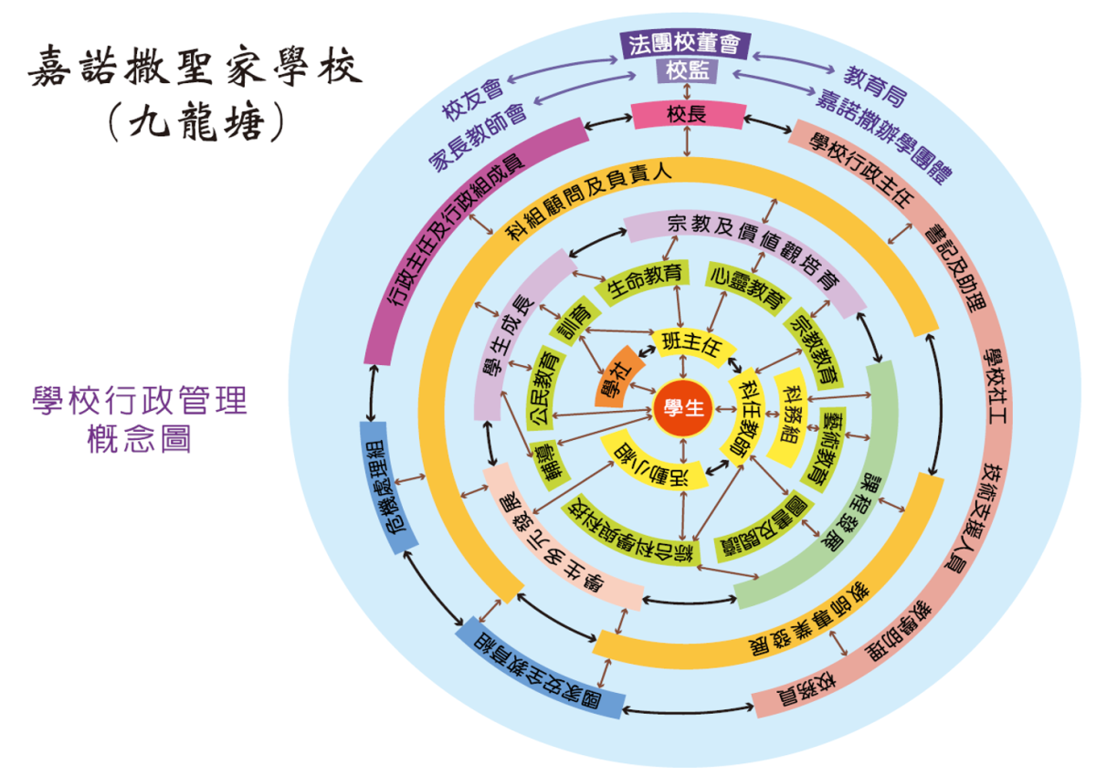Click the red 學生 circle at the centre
(683, 410)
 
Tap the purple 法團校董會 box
(685, 44)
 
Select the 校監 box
(685, 71)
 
